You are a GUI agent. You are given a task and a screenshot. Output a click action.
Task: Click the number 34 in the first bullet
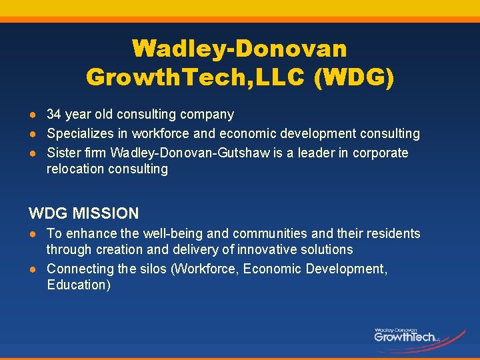(54, 115)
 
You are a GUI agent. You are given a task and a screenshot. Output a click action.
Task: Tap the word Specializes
(79, 134)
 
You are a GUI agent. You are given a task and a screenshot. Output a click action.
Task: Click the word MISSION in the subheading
(107, 214)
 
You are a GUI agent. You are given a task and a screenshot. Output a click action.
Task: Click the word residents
(391, 233)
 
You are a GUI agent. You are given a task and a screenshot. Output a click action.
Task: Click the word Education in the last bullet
(79, 285)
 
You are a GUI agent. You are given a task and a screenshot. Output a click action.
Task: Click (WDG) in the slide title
(354, 77)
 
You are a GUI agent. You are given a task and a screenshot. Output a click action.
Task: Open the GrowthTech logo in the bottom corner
(407, 335)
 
